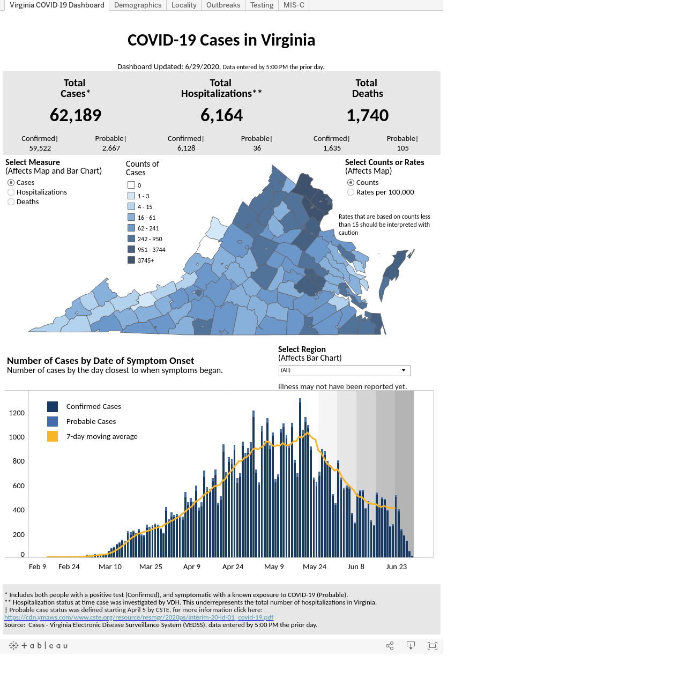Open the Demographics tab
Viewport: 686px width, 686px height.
tap(137, 5)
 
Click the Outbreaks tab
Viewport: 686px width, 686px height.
tap(223, 5)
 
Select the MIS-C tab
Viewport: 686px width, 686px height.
tap(294, 5)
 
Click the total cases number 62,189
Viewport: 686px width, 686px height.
tap(76, 115)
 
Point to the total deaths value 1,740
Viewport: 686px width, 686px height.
tap(368, 115)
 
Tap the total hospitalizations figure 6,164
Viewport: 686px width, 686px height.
tap(221, 115)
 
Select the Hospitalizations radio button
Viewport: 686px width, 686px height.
tap(11, 192)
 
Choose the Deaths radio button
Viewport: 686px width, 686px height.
tap(11, 202)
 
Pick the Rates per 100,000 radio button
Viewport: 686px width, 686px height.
tap(351, 192)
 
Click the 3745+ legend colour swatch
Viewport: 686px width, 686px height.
tap(131, 260)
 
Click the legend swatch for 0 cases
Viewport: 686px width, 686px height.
tap(131, 185)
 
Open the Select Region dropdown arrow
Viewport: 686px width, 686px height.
tap(404, 370)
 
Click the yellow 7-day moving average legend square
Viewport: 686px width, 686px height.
tap(53, 436)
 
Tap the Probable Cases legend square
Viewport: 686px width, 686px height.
tap(53, 421)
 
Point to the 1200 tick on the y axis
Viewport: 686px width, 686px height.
tap(17, 413)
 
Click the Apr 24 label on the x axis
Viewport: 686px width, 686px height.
tap(233, 566)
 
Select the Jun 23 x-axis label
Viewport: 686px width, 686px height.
tap(396, 566)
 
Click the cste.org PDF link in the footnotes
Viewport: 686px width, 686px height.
tap(139, 617)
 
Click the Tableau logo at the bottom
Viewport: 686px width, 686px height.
tap(38, 645)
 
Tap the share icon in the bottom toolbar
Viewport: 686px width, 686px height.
tap(390, 646)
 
